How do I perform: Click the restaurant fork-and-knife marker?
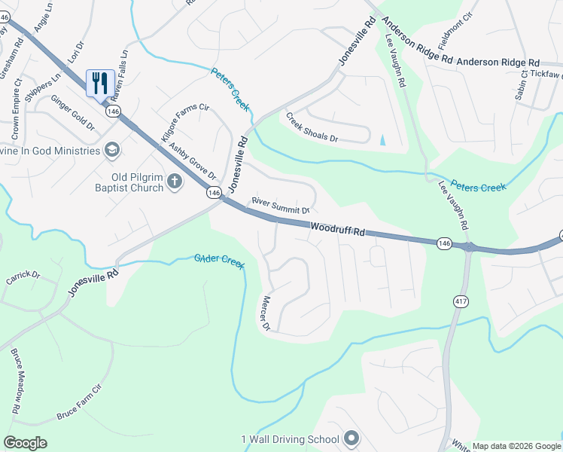click(100, 82)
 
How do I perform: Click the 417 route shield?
click(459, 301)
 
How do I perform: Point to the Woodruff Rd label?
click(337, 229)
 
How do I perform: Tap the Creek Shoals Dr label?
click(312, 128)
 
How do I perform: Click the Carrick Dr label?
click(23, 277)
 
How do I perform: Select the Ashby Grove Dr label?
click(193, 160)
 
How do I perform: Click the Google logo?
click(26, 443)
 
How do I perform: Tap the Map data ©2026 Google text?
click(516, 446)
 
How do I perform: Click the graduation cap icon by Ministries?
click(112, 150)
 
